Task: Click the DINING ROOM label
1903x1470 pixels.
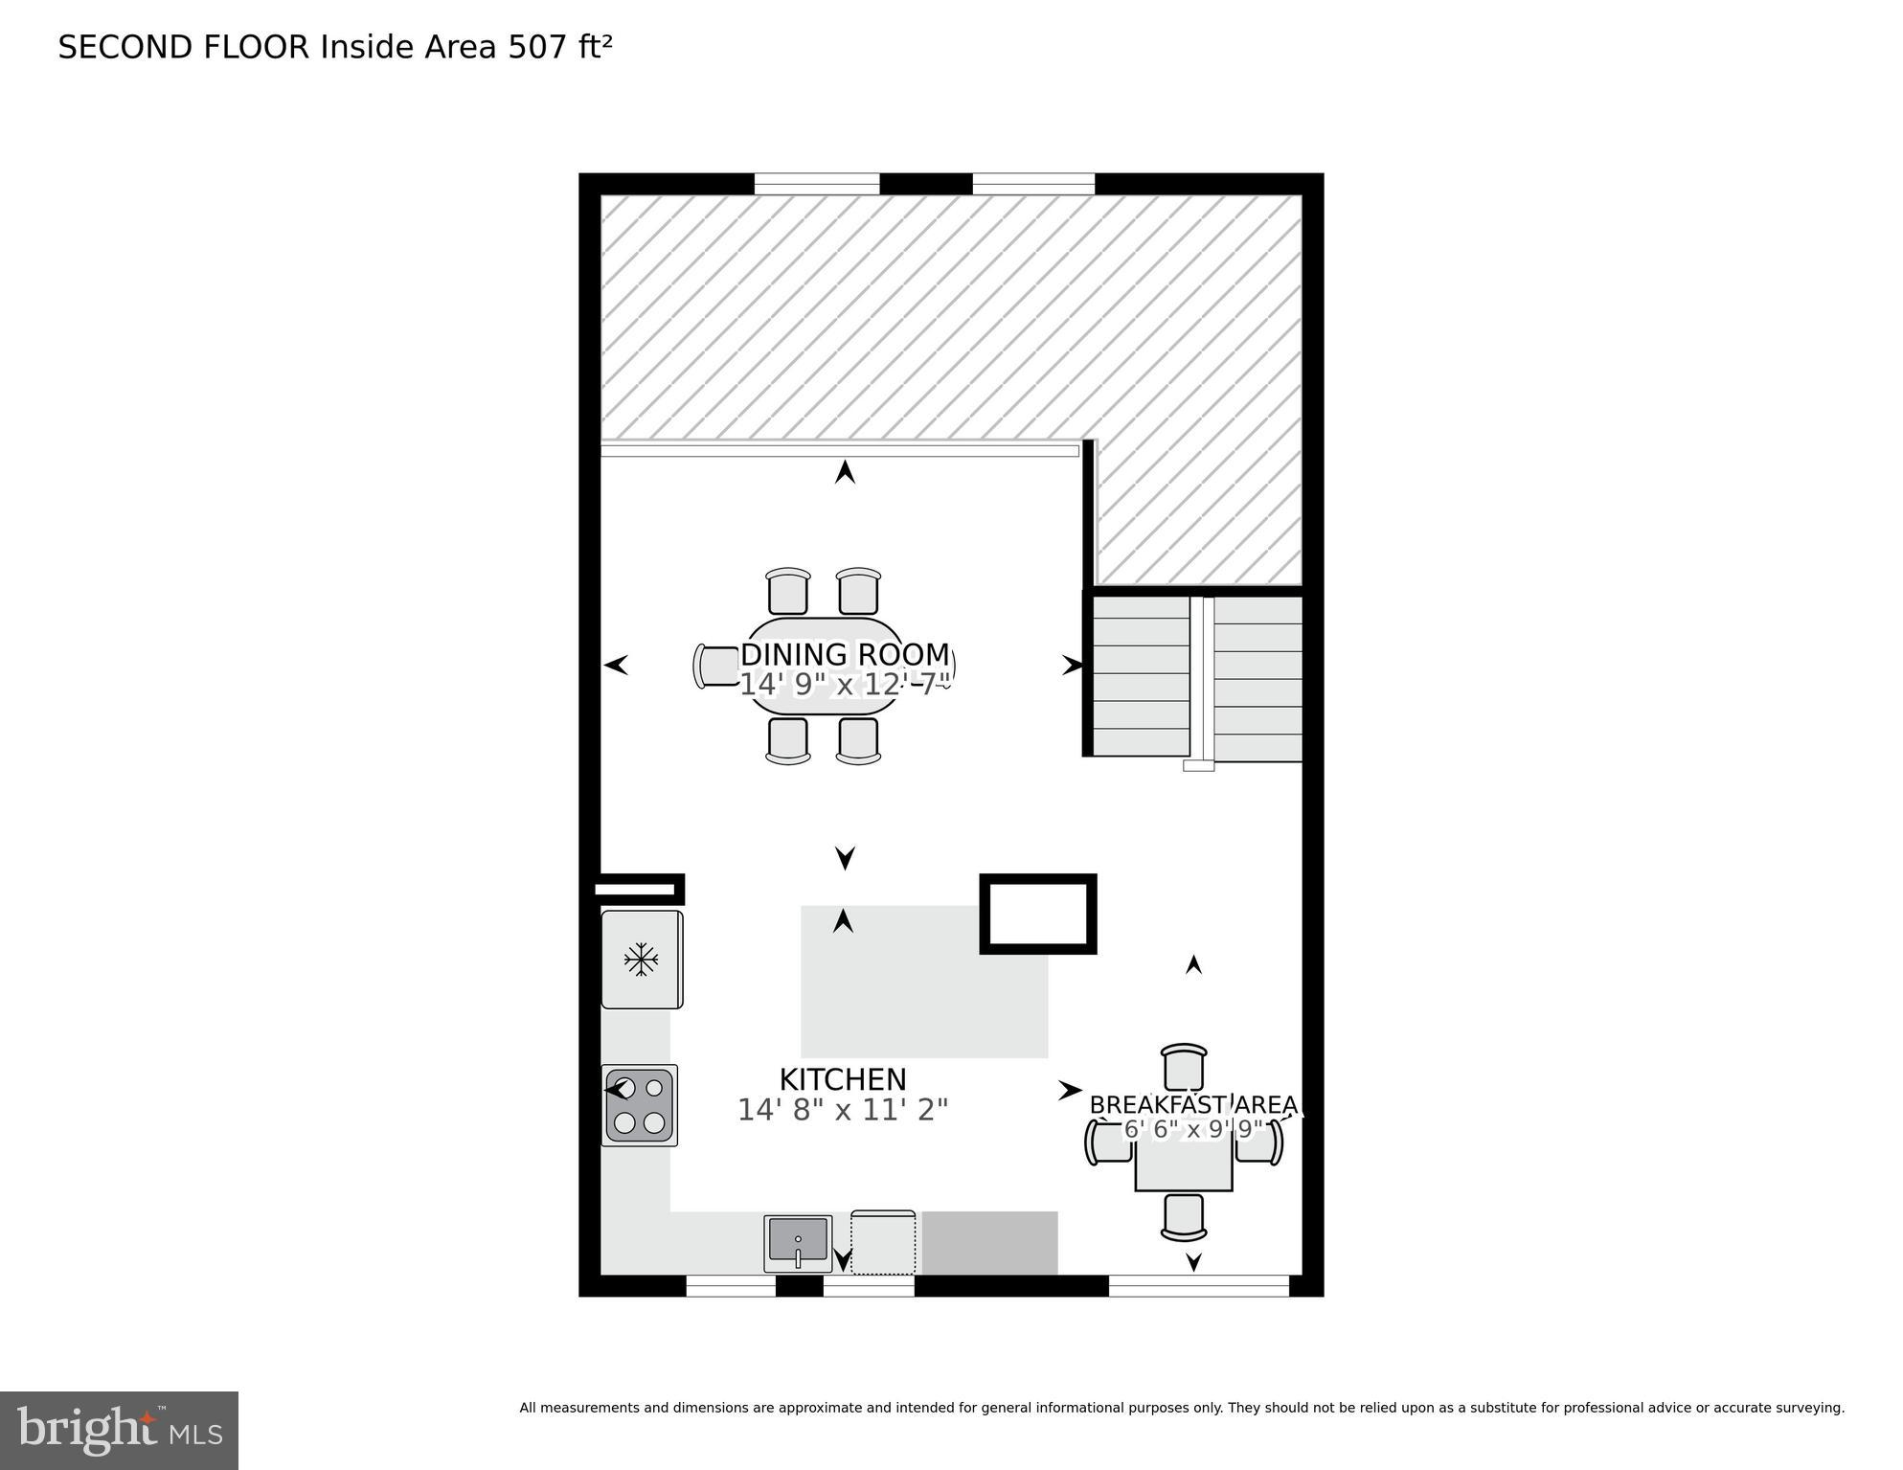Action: click(845, 655)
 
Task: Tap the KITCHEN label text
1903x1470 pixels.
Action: click(843, 1079)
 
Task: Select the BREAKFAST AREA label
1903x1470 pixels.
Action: click(1193, 1105)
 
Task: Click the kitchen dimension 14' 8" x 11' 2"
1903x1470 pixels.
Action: click(843, 1110)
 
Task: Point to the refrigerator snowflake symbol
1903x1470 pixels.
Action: click(641, 959)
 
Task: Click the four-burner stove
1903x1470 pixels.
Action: click(640, 1105)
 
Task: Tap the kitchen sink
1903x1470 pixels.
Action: click(798, 1242)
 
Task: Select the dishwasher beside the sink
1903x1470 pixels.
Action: click(883, 1242)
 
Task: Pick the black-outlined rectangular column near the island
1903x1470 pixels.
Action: click(1038, 914)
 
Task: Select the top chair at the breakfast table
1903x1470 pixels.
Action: click(1184, 1066)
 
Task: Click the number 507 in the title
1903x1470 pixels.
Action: click(538, 47)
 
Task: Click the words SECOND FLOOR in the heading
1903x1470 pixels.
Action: click(184, 47)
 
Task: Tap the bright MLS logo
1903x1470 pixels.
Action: click(119, 1430)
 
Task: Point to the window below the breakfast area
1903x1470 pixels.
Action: click(1198, 1286)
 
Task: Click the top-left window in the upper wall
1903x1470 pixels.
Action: click(817, 184)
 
